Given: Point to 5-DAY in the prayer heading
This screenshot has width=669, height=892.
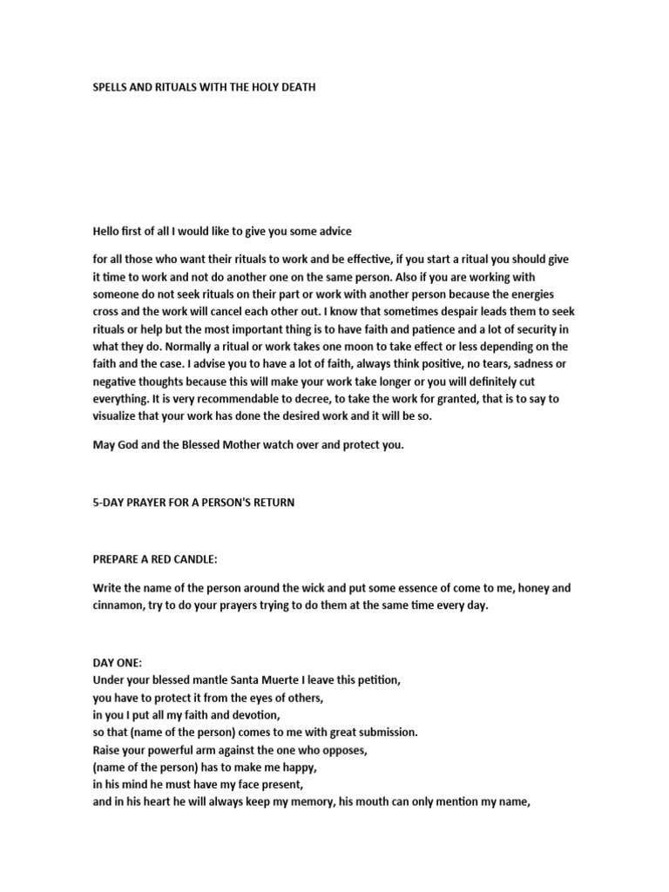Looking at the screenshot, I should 110,503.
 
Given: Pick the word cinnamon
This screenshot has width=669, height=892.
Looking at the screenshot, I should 119,605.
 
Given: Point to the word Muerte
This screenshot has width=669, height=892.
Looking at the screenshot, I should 271,679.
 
